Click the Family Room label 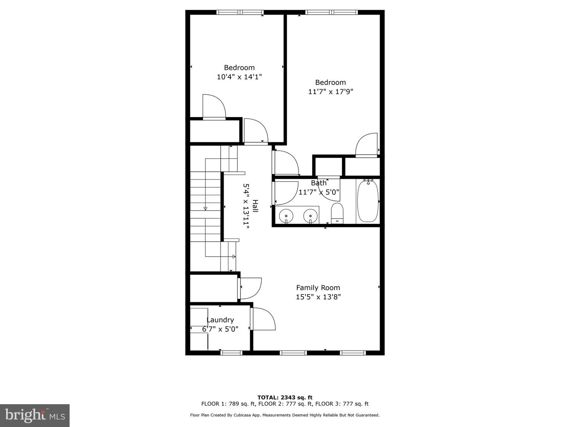coord(318,288)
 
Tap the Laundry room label coord(220,320)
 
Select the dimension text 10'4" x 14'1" coord(239,77)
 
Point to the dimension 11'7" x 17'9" coord(331,92)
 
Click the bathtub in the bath coord(368,201)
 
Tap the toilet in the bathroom coord(337,213)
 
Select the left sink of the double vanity coord(286,216)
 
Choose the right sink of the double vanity coord(310,216)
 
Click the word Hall coord(255,206)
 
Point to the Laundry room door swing coord(263,319)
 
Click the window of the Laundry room coord(231,353)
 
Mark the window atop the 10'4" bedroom coord(240,12)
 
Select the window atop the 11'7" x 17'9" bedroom coord(332,12)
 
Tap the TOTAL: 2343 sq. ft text coord(285,397)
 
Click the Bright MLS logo coord(35,415)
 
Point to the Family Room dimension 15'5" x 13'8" coord(318,297)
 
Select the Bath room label coord(319,183)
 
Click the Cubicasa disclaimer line coord(285,415)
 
